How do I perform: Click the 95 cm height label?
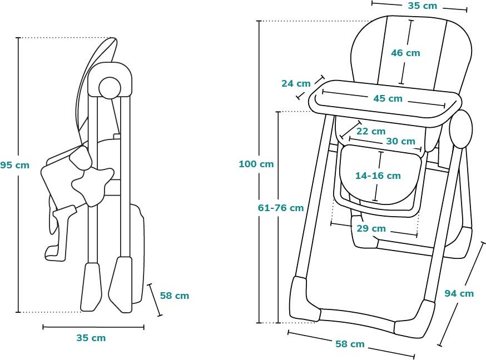pos(14,165)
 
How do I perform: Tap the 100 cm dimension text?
pos(256,164)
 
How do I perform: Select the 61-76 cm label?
pos(281,208)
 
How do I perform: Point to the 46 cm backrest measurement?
pos(405,53)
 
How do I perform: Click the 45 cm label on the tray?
pos(388,98)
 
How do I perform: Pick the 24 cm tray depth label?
pos(296,83)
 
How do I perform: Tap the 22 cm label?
pos(371,131)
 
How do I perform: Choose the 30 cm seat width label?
pos(400,141)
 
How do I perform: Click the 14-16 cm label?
pos(378,176)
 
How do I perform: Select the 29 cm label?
pos(371,228)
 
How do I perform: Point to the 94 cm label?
pos(459,293)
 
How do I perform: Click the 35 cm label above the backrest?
pos(422,6)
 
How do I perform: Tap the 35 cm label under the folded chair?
pos(91,338)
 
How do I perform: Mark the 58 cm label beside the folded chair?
pos(175,296)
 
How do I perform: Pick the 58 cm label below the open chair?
pos(350,344)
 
